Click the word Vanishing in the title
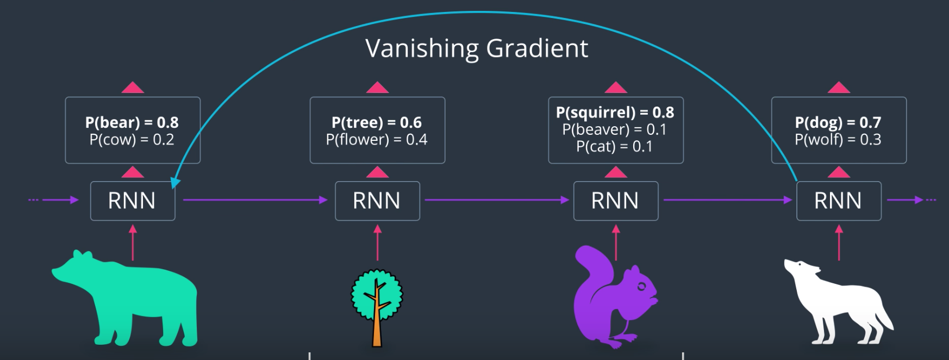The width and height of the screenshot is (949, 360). coord(422,49)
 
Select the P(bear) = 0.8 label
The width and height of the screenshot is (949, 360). coord(132,122)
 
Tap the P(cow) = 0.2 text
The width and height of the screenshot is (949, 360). coord(132,140)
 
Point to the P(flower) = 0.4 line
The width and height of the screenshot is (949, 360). coord(377,140)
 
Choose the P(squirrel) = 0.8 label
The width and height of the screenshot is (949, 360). coord(615,113)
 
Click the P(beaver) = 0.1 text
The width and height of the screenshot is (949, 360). coord(615,129)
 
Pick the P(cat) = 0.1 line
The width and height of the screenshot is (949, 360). coord(615,146)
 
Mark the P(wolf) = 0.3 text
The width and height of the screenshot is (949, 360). coord(838,140)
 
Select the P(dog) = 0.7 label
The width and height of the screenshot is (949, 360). coord(838,122)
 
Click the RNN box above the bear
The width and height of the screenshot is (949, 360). coord(132,201)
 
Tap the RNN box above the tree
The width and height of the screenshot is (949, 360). coord(377,201)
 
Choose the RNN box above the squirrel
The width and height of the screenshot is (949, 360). coord(615,201)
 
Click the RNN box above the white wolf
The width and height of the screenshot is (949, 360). coord(838,201)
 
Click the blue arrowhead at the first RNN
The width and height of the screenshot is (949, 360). coord(175,183)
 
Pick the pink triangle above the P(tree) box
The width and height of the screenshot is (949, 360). coord(377,88)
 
